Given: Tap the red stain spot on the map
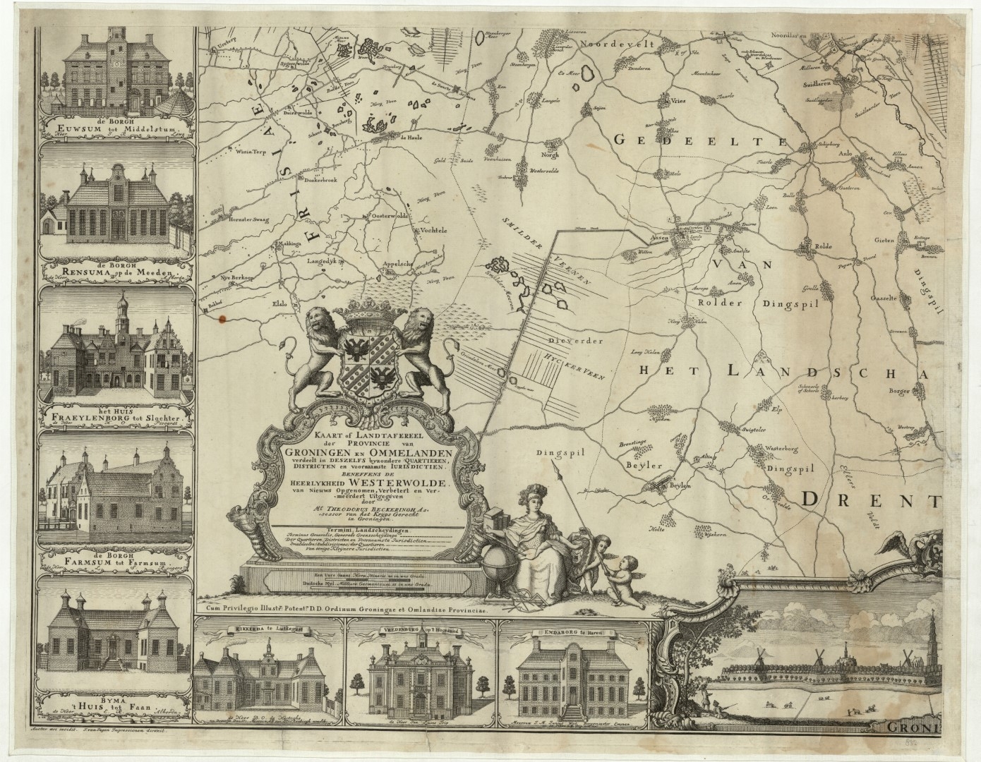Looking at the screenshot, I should [x=224, y=319].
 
